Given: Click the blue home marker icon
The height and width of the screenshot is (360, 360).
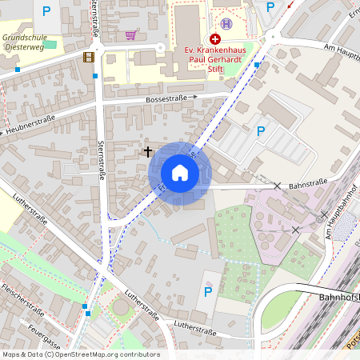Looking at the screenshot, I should (x=180, y=173).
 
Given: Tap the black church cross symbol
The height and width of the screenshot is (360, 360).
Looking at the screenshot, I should (x=147, y=150).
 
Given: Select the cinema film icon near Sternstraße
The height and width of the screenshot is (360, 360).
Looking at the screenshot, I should (x=88, y=58).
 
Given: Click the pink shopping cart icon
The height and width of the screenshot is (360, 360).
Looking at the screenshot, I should (x=130, y=35).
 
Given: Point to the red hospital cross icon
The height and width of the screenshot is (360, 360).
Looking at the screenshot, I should (x=215, y=38).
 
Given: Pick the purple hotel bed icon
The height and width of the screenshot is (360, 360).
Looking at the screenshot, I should (x=227, y=24).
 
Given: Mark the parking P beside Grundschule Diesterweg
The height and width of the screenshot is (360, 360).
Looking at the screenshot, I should (x=46, y=11).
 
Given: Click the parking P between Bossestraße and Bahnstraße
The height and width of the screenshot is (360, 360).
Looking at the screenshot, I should (x=260, y=130).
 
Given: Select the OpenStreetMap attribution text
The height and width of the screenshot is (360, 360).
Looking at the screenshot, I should (x=81, y=354).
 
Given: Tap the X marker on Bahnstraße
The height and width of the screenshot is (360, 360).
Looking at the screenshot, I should (x=277, y=186).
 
